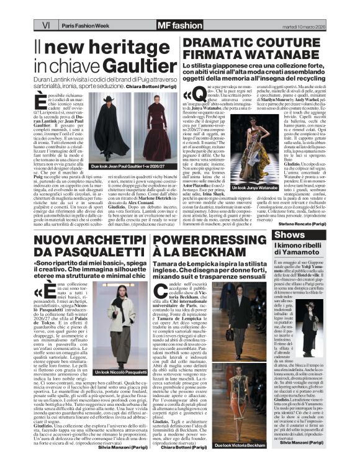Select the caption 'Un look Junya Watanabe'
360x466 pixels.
point(253,187)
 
